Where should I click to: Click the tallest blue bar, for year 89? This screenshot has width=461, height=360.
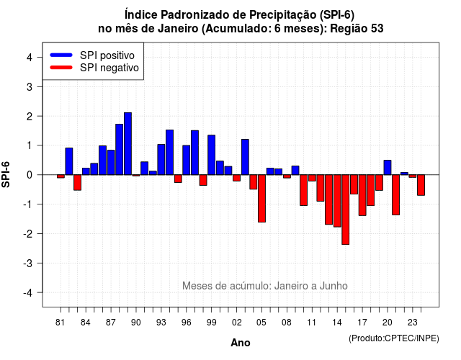(x=127, y=144)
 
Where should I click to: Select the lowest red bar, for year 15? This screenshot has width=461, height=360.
(x=346, y=210)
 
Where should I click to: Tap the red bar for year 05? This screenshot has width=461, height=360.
(x=261, y=199)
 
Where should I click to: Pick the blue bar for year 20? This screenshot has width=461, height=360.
(x=388, y=168)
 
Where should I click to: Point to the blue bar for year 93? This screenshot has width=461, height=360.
(x=161, y=160)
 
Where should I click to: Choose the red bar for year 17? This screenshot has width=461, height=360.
(x=362, y=195)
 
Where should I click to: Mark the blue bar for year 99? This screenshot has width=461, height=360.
(x=211, y=155)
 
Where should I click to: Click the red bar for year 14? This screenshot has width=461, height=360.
(x=337, y=201)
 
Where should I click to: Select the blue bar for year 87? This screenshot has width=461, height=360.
(x=111, y=163)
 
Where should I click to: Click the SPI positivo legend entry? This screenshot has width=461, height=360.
(x=92, y=55)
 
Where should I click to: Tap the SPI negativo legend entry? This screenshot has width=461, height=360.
(x=94, y=68)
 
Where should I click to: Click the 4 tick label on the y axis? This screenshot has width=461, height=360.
(x=30, y=58)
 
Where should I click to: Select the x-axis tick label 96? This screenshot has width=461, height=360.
(x=186, y=323)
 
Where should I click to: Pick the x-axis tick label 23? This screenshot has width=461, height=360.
(x=413, y=323)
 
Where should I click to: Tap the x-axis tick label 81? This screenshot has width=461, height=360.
(x=60, y=323)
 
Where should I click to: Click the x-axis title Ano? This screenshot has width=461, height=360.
(x=241, y=343)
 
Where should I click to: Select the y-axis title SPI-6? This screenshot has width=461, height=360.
(x=6, y=174)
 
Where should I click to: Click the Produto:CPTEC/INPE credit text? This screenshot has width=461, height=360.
(x=394, y=338)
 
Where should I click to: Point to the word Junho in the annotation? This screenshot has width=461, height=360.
(x=334, y=286)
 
